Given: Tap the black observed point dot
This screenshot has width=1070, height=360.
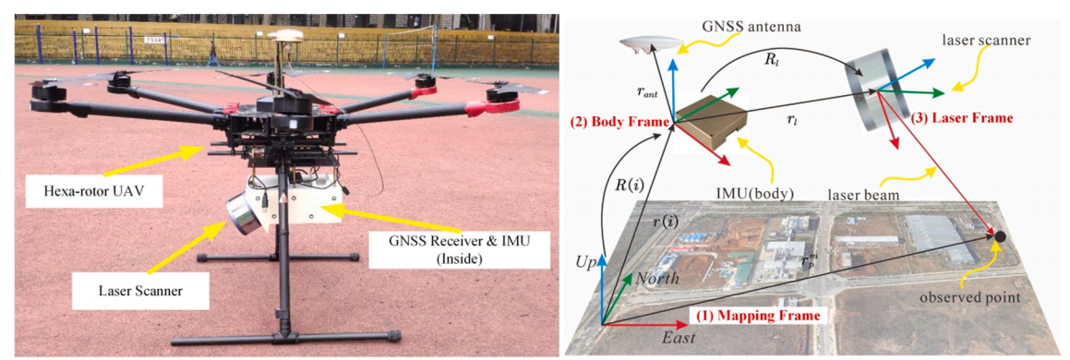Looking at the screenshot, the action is tap(999, 236).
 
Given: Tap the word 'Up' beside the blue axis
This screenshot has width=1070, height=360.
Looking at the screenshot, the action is tap(587, 262).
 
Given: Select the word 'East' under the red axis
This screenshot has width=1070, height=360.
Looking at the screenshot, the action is tap(678, 338).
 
